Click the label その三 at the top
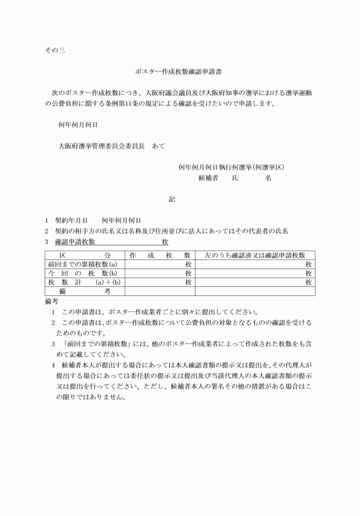(54, 50)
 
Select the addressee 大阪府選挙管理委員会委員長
(101, 146)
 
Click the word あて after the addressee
(158, 146)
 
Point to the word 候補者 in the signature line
(209, 178)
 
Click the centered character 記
(172, 199)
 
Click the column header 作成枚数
(160, 255)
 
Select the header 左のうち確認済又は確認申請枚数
(254, 255)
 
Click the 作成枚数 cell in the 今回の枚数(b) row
(160, 273)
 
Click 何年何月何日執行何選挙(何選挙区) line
(231, 167)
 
